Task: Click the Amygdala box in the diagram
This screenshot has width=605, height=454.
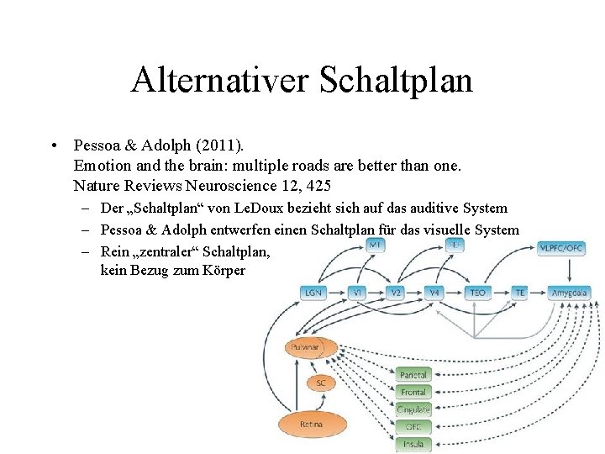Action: (x=570, y=293)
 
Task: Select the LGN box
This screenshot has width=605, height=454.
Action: (x=313, y=293)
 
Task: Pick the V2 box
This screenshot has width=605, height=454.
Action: (x=397, y=293)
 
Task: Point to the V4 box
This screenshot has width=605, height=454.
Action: (x=435, y=293)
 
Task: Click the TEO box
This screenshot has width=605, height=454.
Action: (x=477, y=293)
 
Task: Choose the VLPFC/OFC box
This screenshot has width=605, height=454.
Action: (x=561, y=247)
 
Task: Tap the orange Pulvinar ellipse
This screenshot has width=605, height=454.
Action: (x=311, y=347)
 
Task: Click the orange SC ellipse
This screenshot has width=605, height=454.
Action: (x=320, y=383)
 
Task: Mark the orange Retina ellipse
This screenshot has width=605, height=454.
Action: (x=311, y=425)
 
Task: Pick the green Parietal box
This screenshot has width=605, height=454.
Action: (x=413, y=375)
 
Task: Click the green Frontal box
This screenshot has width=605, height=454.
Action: (x=413, y=392)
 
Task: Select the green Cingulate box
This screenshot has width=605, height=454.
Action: (x=413, y=409)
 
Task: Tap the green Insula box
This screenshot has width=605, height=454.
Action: (x=413, y=443)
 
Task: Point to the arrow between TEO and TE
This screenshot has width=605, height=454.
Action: (x=502, y=293)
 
